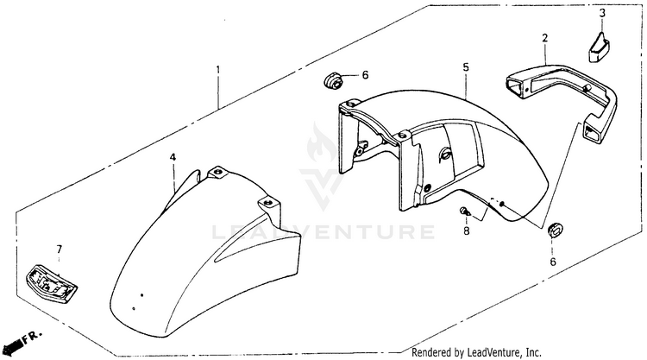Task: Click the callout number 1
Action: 218,69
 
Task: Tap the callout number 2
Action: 545,38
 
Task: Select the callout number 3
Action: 603,12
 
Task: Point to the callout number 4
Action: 173,157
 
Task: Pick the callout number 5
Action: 465,66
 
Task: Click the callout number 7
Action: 60,250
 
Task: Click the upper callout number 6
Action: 365,75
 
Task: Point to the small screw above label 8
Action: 465,211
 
